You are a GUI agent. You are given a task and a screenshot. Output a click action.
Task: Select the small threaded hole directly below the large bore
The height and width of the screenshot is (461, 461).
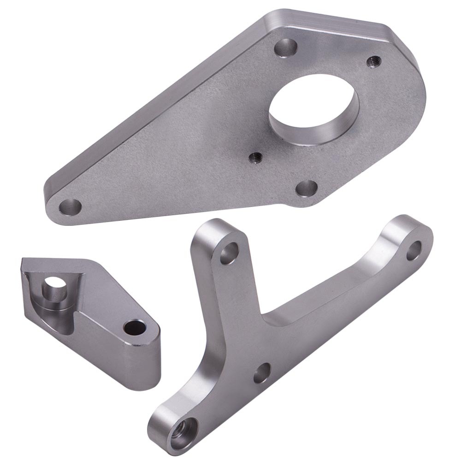[254, 158]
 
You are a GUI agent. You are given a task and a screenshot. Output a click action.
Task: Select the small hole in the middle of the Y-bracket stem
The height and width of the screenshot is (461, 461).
[263, 373]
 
